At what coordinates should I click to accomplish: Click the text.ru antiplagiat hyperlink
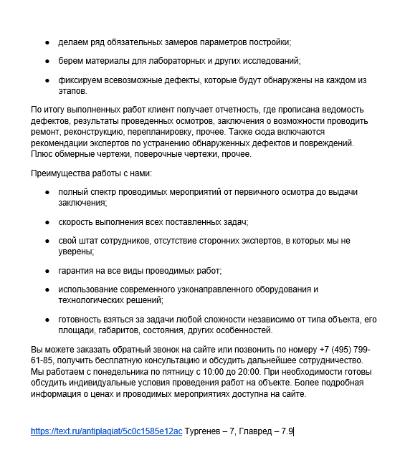click(106, 431)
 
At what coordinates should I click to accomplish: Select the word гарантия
click(77, 270)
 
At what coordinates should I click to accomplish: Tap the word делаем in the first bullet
click(75, 42)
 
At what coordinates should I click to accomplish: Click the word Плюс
click(42, 154)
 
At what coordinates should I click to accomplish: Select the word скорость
click(77, 223)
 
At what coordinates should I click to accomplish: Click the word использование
click(91, 289)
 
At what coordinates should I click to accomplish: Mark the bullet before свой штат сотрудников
click(47, 242)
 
